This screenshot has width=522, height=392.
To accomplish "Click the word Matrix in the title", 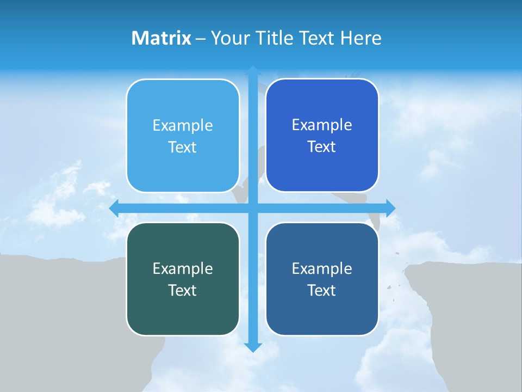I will (161, 38).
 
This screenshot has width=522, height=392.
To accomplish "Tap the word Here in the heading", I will (361, 38).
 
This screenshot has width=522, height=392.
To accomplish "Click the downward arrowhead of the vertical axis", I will (253, 347).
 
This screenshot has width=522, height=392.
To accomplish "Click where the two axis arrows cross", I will (253, 208).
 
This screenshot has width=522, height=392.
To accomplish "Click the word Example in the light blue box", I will (183, 126).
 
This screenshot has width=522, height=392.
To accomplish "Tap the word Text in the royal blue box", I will (322, 147).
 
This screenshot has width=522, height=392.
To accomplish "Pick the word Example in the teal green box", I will (183, 268).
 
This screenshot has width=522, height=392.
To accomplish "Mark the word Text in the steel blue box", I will (322, 290).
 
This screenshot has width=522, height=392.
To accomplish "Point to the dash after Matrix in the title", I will (201, 39).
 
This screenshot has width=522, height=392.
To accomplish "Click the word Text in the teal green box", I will (183, 290).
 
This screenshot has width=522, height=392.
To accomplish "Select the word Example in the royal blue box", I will (322, 125).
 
